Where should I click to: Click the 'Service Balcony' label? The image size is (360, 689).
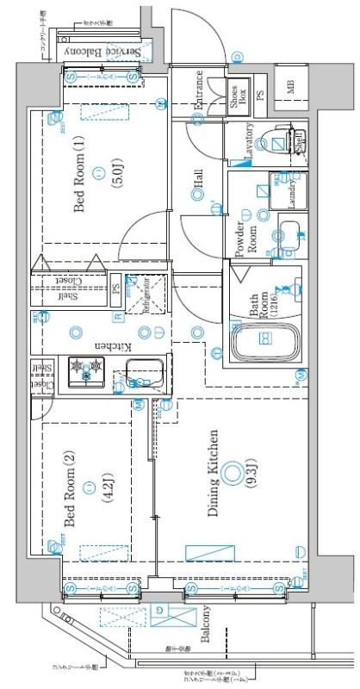(102, 52)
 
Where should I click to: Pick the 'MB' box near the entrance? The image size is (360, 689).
(290, 84)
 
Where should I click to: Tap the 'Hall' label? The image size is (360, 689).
(198, 179)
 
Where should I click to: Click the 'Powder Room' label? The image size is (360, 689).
(247, 237)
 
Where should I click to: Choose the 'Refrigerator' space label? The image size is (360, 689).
(146, 295)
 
